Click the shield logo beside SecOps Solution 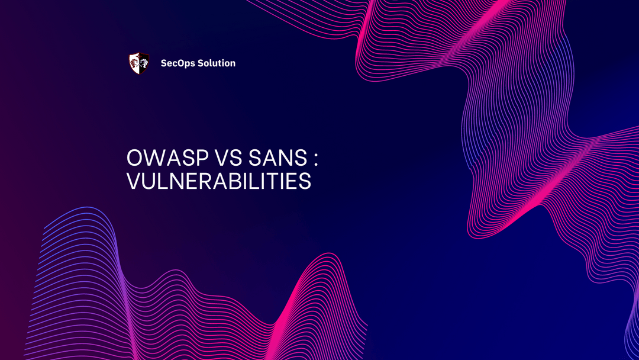(x=139, y=63)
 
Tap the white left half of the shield (x=134, y=63)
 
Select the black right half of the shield (x=144, y=63)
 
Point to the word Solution (x=217, y=63)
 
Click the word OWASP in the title (x=161, y=158)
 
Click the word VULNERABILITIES (x=219, y=181)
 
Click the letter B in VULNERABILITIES (x=238, y=181)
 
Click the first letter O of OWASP (x=135, y=158)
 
